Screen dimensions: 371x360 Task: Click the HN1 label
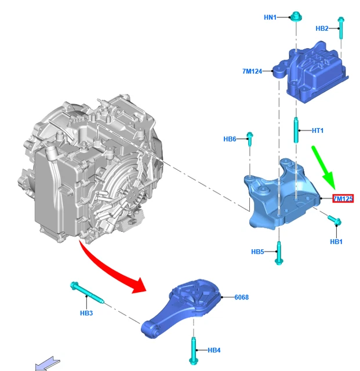pyautogui.click(x=271, y=18)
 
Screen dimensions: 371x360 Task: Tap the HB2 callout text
pyautogui.click(x=322, y=28)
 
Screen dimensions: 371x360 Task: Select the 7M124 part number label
pyautogui.click(x=252, y=71)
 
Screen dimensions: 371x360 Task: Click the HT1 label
pyautogui.click(x=318, y=131)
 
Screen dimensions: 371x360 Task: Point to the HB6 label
pyautogui.click(x=230, y=139)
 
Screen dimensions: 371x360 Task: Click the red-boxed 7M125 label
pyautogui.click(x=343, y=199)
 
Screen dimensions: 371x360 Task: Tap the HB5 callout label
pyautogui.click(x=257, y=252)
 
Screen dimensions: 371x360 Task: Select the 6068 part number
pyautogui.click(x=242, y=297)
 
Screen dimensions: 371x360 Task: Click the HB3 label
pyautogui.click(x=86, y=314)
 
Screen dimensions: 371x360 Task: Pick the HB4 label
pyautogui.click(x=214, y=350)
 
